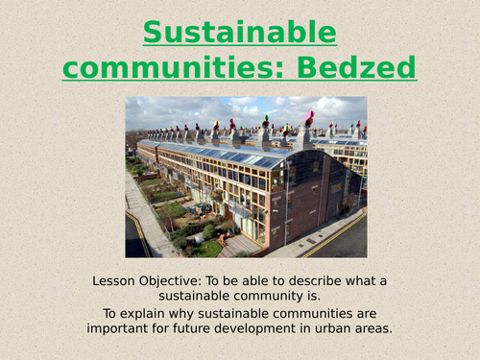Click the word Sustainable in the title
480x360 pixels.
[240, 33]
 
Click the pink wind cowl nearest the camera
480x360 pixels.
[309, 119]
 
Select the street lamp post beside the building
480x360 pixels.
[285, 206]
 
